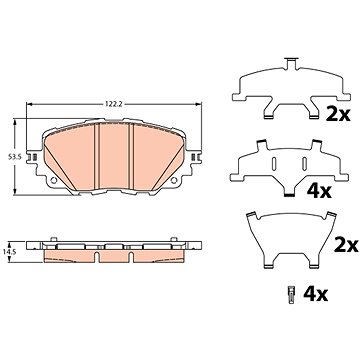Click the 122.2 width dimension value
114,104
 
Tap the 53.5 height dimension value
15,157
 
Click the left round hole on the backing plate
53,180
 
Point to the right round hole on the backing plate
174,180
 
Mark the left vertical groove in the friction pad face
97,156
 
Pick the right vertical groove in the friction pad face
131,156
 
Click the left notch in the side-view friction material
97,257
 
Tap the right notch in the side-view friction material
131,257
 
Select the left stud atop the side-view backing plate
53,239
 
